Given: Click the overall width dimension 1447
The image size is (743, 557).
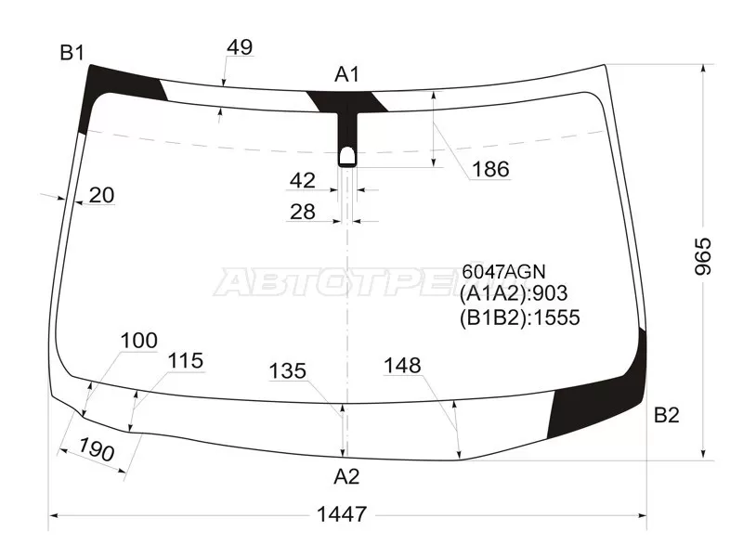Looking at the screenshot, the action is (x=341, y=514).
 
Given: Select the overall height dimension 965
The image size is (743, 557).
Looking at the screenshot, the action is (x=703, y=256).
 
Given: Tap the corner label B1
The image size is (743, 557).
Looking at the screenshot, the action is (x=72, y=53).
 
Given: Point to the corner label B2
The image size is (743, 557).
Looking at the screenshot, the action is (x=666, y=415).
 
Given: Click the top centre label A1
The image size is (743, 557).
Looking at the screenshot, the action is (x=347, y=74).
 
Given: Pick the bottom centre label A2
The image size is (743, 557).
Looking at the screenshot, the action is (x=346, y=476).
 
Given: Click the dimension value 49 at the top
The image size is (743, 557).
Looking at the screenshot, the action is (x=240, y=47).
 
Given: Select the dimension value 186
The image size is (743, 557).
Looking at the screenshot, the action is (x=491, y=169).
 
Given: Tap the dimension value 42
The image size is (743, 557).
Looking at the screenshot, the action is (x=303, y=180).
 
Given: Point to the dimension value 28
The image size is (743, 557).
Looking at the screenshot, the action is (x=303, y=212).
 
